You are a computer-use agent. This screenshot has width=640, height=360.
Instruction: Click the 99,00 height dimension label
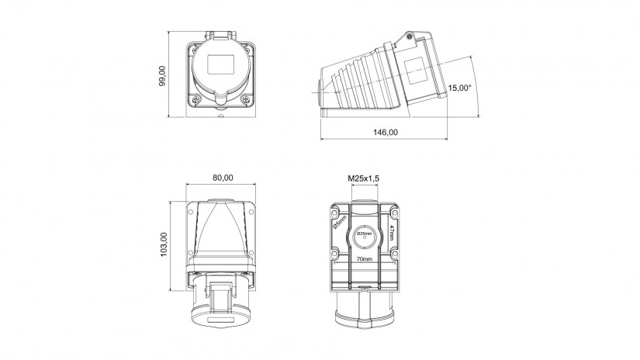(162, 76)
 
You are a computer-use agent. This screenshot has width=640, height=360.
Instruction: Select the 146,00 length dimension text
(386, 132)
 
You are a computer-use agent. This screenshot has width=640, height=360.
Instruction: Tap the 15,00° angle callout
(459, 88)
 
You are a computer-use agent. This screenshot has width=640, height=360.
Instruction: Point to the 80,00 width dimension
(223, 178)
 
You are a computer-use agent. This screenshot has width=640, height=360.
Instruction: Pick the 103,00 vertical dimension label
(164, 244)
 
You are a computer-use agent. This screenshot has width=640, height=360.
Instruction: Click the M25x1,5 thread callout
(363, 178)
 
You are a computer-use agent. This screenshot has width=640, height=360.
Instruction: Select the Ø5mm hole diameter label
(340, 223)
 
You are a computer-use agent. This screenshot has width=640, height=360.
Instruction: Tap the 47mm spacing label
(391, 232)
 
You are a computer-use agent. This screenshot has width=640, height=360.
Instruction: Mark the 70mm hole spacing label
(365, 259)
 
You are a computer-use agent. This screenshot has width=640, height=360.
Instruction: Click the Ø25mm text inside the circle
(365, 234)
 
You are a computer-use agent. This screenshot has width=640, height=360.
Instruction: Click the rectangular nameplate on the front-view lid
(222, 64)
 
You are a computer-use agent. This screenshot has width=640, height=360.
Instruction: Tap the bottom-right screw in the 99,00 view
(246, 99)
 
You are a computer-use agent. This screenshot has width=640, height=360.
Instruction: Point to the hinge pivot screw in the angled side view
(409, 36)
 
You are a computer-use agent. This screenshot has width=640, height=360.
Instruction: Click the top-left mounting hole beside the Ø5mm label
(334, 213)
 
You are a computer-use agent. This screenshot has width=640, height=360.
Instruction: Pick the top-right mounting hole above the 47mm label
(394, 213)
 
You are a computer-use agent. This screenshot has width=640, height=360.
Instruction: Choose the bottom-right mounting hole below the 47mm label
(394, 254)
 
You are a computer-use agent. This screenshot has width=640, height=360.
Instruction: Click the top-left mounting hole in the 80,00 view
(191, 212)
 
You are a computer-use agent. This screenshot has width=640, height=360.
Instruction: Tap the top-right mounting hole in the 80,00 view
(251, 212)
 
